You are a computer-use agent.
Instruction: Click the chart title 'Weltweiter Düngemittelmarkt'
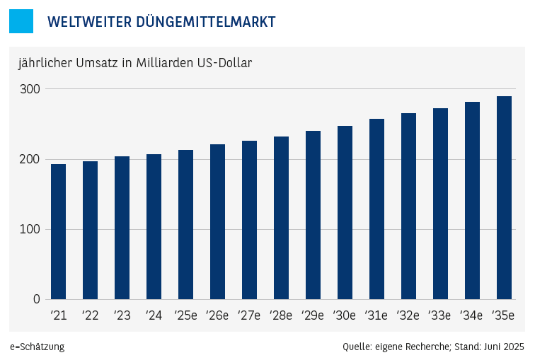(161, 22)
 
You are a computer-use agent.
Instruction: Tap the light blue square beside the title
(21, 21)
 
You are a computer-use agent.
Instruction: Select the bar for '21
(58, 232)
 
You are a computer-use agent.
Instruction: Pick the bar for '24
(154, 227)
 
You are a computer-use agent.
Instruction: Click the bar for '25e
(185, 225)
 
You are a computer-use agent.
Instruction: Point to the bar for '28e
(281, 218)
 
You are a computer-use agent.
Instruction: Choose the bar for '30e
(345, 213)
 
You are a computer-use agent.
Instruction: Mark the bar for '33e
(440, 204)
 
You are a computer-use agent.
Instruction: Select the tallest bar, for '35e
(504, 198)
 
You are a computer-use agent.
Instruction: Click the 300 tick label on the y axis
(30, 89)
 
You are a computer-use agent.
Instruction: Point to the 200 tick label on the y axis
(30, 159)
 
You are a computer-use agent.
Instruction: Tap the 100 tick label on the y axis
(30, 229)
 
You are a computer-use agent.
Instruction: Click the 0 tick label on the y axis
(36, 299)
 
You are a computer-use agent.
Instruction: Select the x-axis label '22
(90, 315)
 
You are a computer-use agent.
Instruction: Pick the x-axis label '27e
(249, 315)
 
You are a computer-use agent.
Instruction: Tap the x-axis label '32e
(408, 315)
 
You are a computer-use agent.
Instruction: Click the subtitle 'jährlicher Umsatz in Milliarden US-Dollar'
(135, 63)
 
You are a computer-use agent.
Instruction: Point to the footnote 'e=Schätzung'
(37, 347)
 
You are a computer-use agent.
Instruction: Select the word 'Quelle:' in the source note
(357, 347)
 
